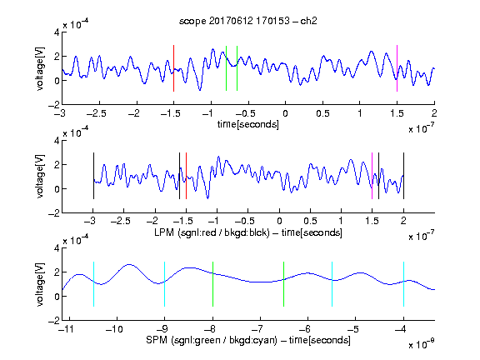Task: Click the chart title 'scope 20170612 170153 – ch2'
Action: click(248, 21)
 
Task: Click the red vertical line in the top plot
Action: click(173, 68)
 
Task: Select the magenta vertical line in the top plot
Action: click(397, 68)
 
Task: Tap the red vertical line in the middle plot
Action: click(186, 176)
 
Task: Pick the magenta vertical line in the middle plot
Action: click(372, 176)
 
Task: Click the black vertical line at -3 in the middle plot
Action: click(93, 176)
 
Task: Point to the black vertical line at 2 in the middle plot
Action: click(403, 176)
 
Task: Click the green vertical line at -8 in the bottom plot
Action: click(212, 284)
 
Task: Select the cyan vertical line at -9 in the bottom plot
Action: click(165, 284)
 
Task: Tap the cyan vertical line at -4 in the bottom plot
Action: click(403, 284)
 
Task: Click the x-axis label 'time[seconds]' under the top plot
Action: click(248, 124)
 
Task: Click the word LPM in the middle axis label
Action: click(164, 232)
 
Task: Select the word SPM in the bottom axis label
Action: click(157, 340)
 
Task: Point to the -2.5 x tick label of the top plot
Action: click(97, 113)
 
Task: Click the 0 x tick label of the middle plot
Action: click(279, 221)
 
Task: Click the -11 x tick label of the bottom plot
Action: click(67, 329)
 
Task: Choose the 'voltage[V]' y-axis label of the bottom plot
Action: click(40, 284)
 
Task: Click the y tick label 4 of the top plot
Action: click(57, 32)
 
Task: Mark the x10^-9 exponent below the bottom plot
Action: click(422, 344)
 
